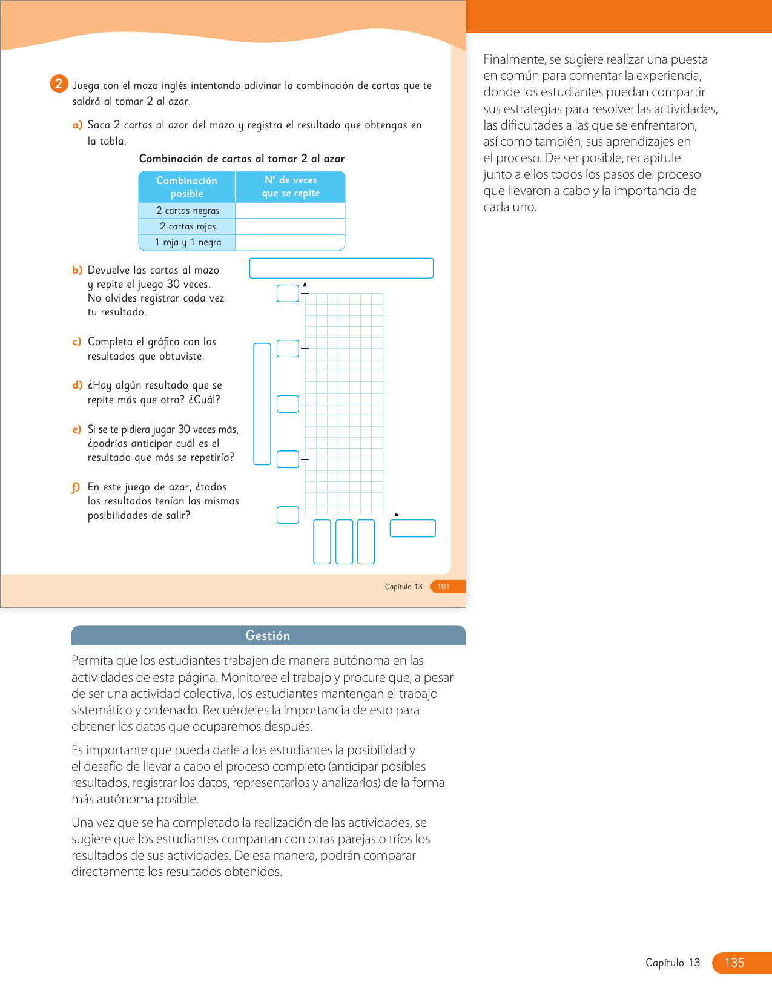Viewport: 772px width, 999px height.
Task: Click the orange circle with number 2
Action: [x=59, y=84]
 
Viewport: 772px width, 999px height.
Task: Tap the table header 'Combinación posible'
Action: [x=186, y=187]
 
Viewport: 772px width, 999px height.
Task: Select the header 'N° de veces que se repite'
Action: [x=291, y=186]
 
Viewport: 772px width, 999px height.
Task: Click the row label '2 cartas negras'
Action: [x=188, y=211]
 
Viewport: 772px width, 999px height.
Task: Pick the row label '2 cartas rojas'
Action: [x=188, y=226]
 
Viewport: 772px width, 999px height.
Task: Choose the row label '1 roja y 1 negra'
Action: [x=188, y=242]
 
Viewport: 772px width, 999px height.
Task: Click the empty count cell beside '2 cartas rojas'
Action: [x=290, y=226]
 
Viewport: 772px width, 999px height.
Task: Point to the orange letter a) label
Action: [x=77, y=125]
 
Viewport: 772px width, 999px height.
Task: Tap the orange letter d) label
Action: [x=77, y=386]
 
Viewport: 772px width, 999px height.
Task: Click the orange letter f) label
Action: [x=76, y=487]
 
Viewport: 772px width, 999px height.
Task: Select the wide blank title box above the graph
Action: [x=341, y=268]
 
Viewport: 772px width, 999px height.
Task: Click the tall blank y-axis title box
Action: [x=262, y=404]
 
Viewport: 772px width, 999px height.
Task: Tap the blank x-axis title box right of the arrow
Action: [x=412, y=529]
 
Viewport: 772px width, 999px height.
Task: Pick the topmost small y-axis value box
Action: [x=288, y=293]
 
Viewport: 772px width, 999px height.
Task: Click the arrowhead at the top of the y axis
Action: [x=305, y=283]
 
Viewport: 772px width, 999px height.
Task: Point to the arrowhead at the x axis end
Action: [x=397, y=515]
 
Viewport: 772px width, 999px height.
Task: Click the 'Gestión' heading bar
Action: [x=268, y=636]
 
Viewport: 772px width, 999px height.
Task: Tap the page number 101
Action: [x=444, y=587]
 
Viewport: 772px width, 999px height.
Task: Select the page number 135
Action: [x=734, y=963]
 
